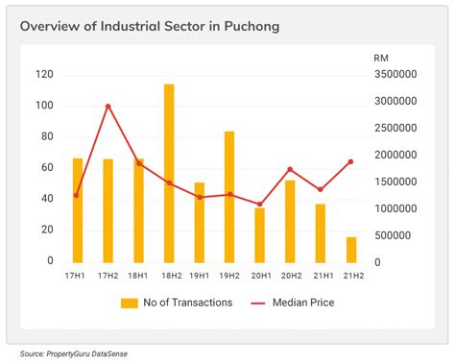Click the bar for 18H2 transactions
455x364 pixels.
(x=169, y=173)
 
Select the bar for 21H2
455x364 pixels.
(x=351, y=249)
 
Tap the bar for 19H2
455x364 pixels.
(x=229, y=196)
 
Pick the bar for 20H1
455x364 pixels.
(x=259, y=234)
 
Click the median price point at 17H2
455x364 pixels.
(x=108, y=106)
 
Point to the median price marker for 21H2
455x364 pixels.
(x=351, y=161)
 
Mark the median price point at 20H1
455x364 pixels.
(x=259, y=204)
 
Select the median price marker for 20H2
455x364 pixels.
(x=290, y=169)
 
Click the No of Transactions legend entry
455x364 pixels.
(x=178, y=303)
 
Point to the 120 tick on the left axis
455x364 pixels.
(x=43, y=74)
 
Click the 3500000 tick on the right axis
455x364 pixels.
(x=395, y=74)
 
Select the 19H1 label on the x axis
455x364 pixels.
(x=199, y=276)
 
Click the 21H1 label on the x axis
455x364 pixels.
(x=321, y=276)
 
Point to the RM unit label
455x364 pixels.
(x=381, y=58)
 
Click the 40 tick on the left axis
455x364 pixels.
(x=46, y=199)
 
